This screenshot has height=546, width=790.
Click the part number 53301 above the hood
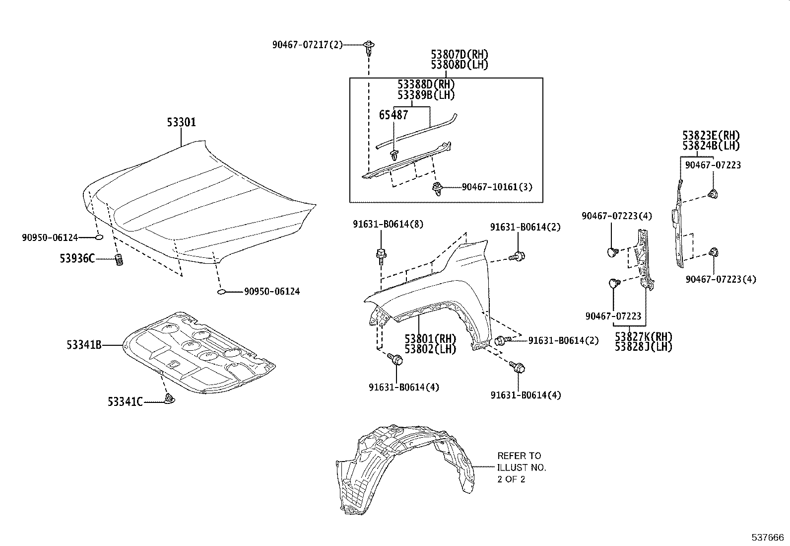(x=181, y=122)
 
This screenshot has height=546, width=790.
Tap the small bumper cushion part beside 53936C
(x=119, y=259)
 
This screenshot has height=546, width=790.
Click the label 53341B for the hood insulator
(x=84, y=344)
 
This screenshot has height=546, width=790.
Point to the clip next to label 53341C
(x=170, y=398)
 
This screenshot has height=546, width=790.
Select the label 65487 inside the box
(x=394, y=115)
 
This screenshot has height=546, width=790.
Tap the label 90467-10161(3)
(x=496, y=187)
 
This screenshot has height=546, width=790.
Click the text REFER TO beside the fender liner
(x=519, y=456)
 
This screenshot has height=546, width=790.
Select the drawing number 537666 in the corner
(x=767, y=538)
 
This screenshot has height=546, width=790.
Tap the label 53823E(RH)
(x=711, y=136)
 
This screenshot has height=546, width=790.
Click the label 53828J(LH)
(x=643, y=347)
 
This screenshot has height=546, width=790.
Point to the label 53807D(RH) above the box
(x=459, y=54)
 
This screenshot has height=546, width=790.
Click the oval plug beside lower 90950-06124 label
(x=222, y=292)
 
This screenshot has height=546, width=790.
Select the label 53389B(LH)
(x=426, y=95)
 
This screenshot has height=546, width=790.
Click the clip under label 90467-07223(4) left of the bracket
(x=612, y=252)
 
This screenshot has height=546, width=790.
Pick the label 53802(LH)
(x=430, y=349)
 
